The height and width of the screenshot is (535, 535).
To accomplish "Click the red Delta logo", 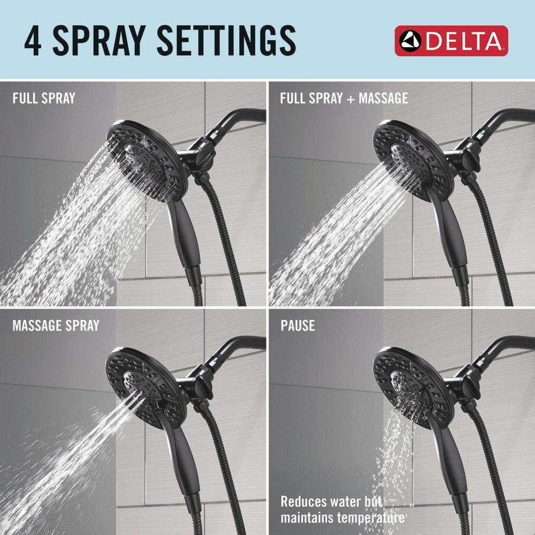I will [x=451, y=41].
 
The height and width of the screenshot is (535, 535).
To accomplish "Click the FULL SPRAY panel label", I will [x=43, y=98].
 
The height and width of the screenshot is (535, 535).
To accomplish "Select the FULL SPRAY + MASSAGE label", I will [x=344, y=98].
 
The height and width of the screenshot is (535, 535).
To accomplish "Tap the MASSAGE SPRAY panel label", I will [x=56, y=325].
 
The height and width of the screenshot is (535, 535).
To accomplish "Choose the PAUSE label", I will [x=297, y=325].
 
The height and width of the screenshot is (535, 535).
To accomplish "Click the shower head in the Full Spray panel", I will [x=147, y=158].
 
